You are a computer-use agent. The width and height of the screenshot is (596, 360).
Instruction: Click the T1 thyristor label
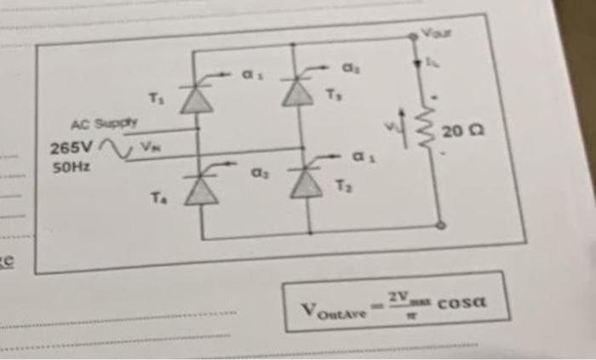[x=156, y=97]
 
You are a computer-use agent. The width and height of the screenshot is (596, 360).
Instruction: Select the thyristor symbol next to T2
[x=307, y=182]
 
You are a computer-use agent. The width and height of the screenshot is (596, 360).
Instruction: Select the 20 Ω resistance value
[x=461, y=133]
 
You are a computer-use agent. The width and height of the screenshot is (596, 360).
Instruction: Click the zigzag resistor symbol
[x=418, y=128]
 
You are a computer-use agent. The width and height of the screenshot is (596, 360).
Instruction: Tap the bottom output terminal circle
[x=441, y=226]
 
